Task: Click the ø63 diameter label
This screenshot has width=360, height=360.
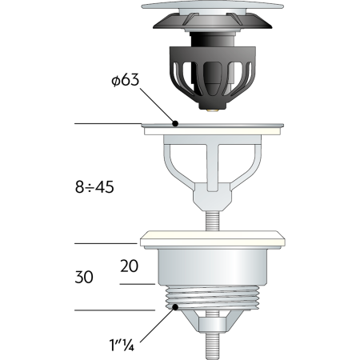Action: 125,80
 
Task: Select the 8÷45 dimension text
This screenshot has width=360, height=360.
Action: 94,187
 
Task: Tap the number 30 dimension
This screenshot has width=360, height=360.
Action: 84,277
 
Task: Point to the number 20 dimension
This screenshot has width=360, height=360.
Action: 130,266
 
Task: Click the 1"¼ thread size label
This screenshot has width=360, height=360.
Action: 122,345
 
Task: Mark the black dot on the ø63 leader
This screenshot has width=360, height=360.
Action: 175,123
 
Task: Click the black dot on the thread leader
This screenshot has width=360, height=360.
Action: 175,307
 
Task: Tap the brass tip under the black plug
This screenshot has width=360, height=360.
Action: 213,110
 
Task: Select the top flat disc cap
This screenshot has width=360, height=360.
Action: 212,6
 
